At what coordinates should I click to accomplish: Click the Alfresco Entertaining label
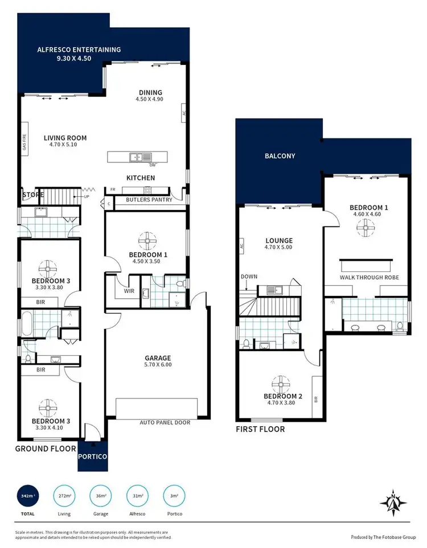coord(79,50)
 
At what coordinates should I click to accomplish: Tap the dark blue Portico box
coord(92,456)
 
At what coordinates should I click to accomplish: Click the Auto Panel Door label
coord(165,423)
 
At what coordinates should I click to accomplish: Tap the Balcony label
coord(280,155)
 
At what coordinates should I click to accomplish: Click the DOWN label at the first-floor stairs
coord(249,277)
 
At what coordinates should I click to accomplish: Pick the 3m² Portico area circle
coord(174,496)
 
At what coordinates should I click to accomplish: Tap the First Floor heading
coord(260,429)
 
